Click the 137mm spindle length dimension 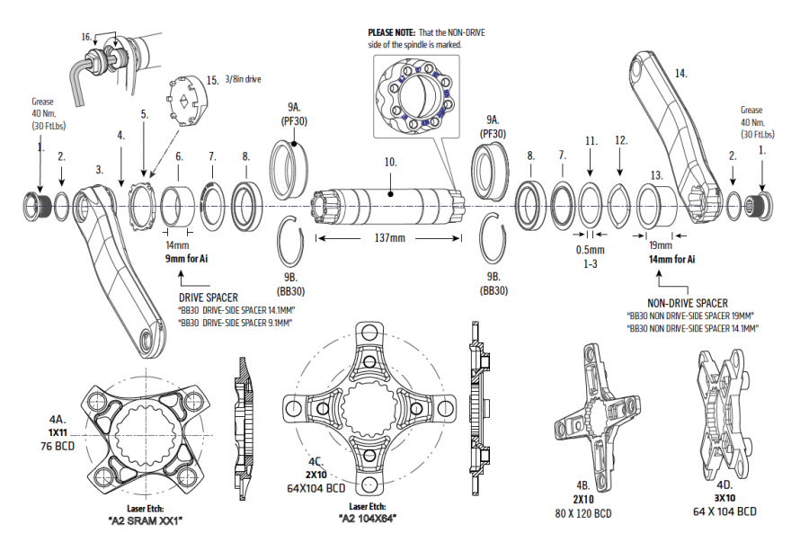pos(388,239)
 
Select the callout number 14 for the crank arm pos(680,73)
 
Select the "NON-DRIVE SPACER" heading pos(689,303)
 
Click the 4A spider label pos(58,420)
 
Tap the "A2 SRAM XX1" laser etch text pos(147,520)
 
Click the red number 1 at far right pos(764,152)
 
